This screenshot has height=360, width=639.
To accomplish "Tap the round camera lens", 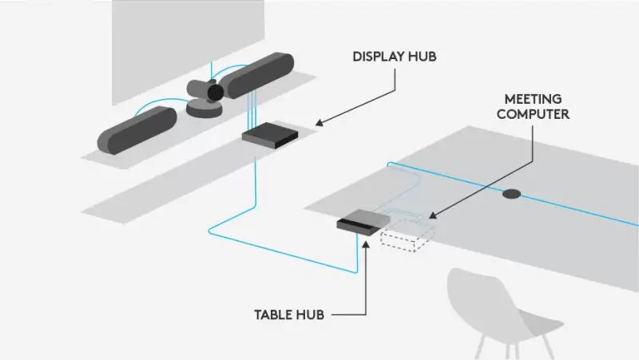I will pyautogui.click(x=215, y=93).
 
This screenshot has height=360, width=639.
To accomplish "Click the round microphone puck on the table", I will pyautogui.click(x=511, y=194).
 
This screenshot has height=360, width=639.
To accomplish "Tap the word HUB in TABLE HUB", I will pyautogui.click(x=312, y=315).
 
